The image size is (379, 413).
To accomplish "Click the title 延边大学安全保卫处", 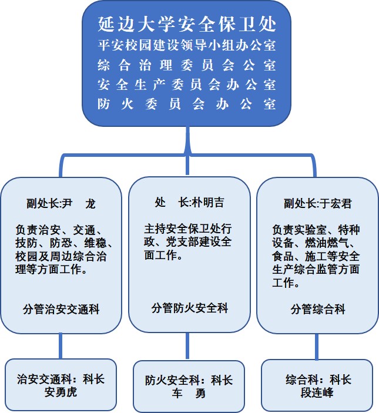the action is click(187, 24).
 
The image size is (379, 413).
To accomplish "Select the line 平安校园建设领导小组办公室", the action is click(187, 45).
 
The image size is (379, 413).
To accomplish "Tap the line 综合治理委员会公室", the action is click(187, 65).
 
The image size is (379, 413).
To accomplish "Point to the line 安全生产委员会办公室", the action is click(187, 85).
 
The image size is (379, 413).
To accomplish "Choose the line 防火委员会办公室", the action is click(187, 104).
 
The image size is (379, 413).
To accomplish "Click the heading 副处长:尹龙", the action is click(61, 204).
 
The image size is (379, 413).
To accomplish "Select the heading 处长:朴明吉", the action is click(189, 203).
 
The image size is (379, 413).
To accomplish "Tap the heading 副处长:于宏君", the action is click(318, 204).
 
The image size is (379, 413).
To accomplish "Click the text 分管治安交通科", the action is click(61, 309).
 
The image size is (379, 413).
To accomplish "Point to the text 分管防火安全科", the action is click(190, 308).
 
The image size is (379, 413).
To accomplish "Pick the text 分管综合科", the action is click(318, 309).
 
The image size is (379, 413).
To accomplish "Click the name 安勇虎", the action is click(61, 392).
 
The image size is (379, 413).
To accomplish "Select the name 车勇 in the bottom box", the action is click(189, 394).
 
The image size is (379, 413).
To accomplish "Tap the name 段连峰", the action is click(317, 392).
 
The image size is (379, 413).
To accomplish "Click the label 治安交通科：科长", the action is click(61, 380).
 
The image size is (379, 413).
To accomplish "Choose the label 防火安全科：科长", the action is click(189, 380).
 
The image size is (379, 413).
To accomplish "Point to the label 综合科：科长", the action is click(318, 380).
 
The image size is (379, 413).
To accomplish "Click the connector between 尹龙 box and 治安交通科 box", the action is click(61, 346).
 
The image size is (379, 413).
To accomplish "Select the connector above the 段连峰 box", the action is click(317, 347).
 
